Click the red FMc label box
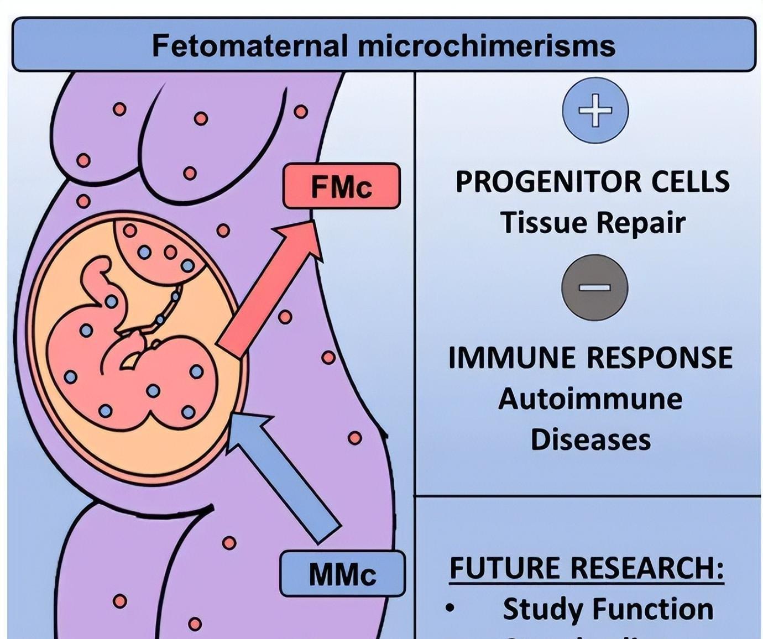pyautogui.click(x=341, y=186)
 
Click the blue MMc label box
pyautogui.click(x=342, y=574)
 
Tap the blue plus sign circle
pyautogui.click(x=595, y=109)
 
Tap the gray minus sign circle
pyautogui.click(x=594, y=287)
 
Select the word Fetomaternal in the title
pyautogui.click(x=249, y=45)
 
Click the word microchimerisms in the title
pyautogui.click(x=487, y=45)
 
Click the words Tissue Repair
pyautogui.click(x=593, y=222)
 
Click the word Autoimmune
pyautogui.click(x=590, y=399)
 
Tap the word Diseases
pyautogui.click(x=590, y=439)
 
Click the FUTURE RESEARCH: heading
pyautogui.click(x=587, y=568)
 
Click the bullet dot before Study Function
pyautogui.click(x=450, y=609)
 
